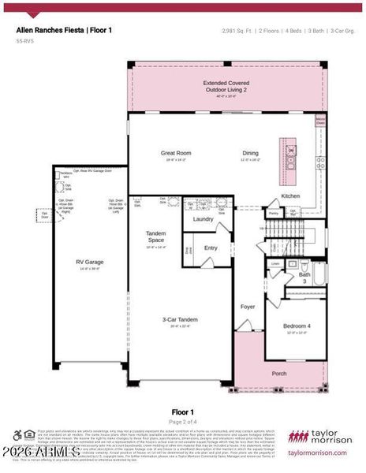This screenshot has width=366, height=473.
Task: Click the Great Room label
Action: click(177, 153)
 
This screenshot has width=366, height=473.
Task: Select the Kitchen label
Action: click(290, 196)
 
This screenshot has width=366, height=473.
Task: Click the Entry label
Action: click(211, 248)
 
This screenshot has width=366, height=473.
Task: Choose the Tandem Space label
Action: click(155, 237)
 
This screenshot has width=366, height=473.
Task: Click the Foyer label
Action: click(248, 306)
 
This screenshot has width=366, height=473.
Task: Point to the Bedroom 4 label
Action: click(297, 326)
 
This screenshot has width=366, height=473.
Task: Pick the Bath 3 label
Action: click(304, 277)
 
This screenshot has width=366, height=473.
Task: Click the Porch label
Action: click(279, 373)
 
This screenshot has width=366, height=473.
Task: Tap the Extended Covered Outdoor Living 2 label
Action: click(226, 86)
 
